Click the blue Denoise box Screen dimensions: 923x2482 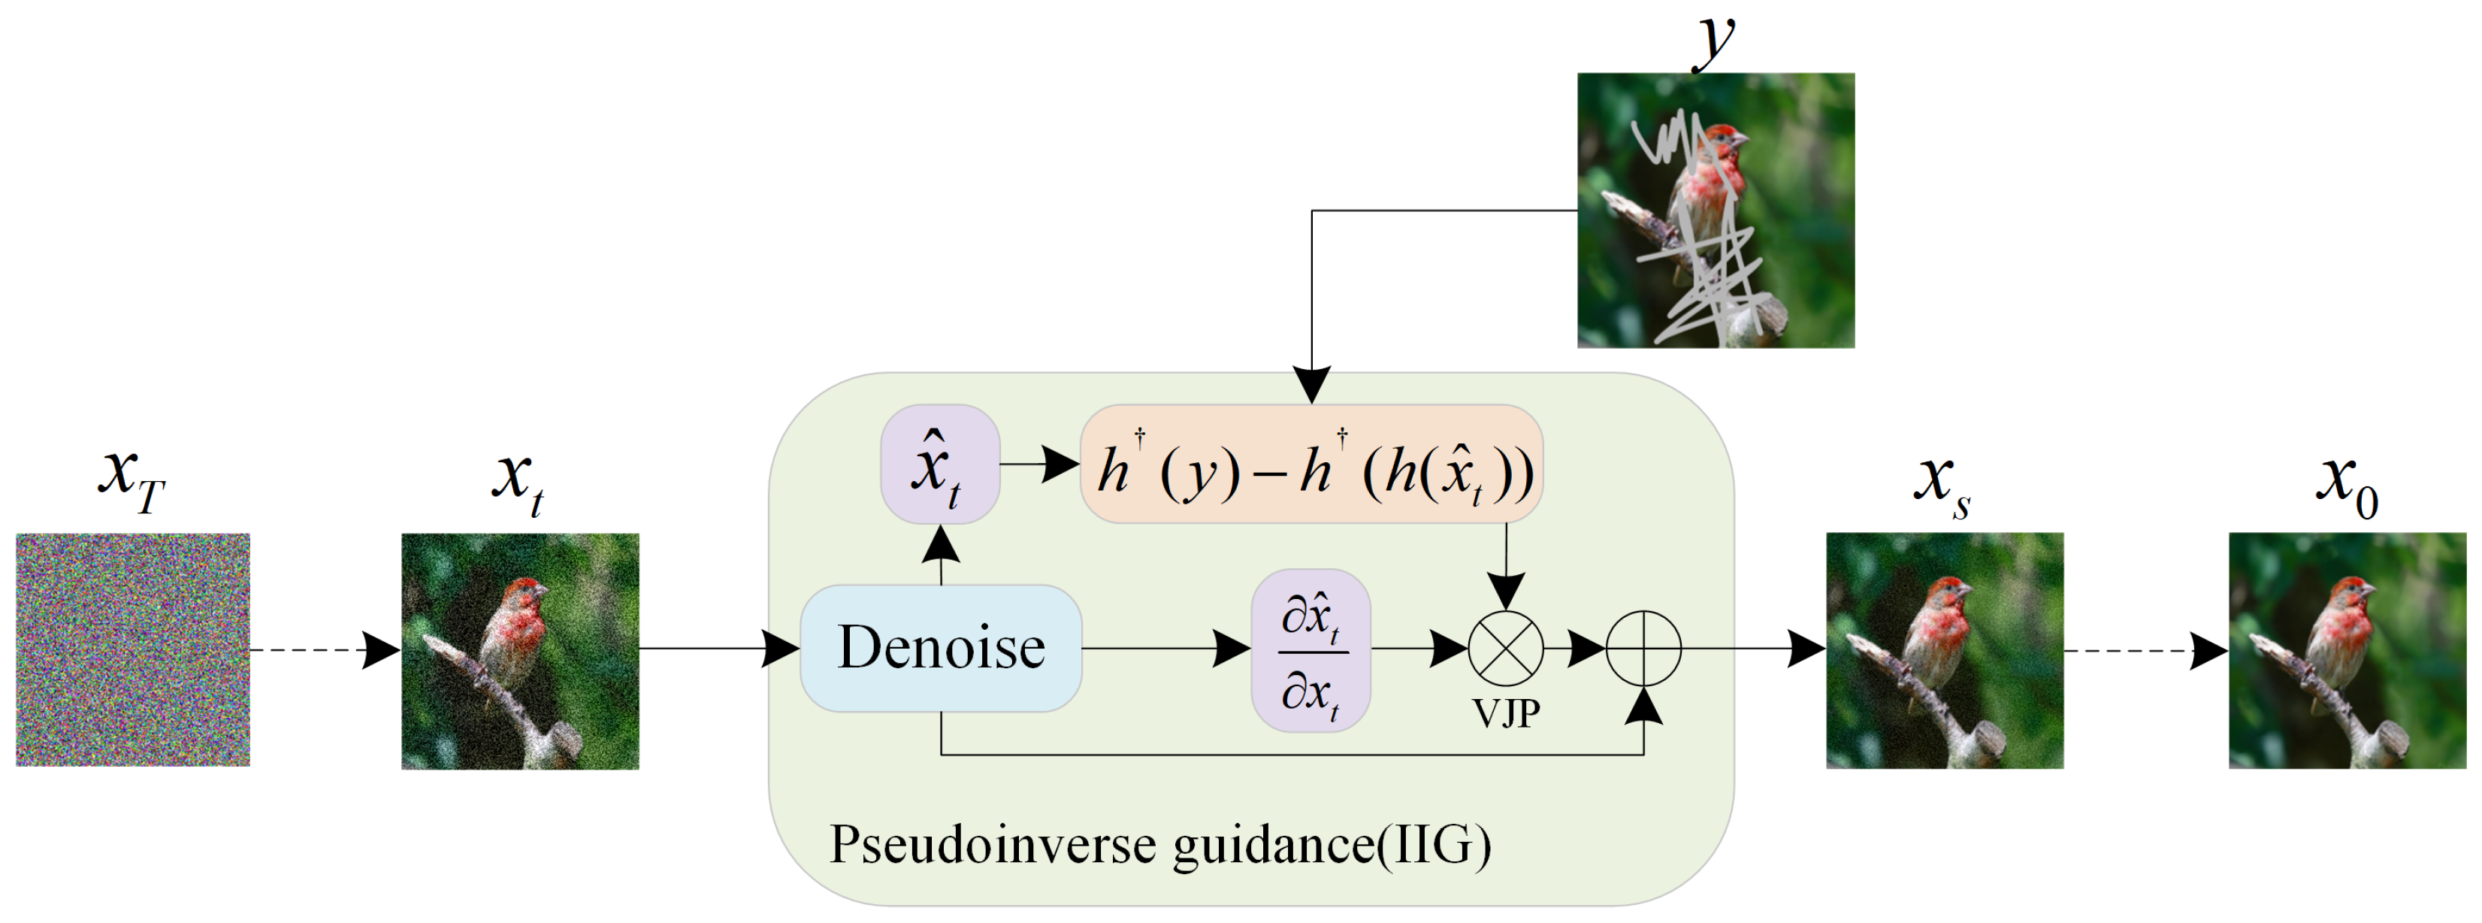(940, 647)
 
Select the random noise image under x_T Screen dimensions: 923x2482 (133, 649)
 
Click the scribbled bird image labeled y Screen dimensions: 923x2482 (1715, 210)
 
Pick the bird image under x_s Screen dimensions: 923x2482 (1945, 650)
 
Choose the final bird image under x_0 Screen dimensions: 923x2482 (2347, 650)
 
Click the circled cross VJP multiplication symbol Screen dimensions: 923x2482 (1505, 649)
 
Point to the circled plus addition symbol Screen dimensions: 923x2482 (1643, 649)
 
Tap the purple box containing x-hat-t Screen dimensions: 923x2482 (939, 465)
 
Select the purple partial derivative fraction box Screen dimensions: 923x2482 (1311, 650)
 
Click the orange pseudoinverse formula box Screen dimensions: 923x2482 (1311, 465)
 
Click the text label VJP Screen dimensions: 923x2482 (1506, 713)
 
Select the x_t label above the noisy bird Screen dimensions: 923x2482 (518, 482)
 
